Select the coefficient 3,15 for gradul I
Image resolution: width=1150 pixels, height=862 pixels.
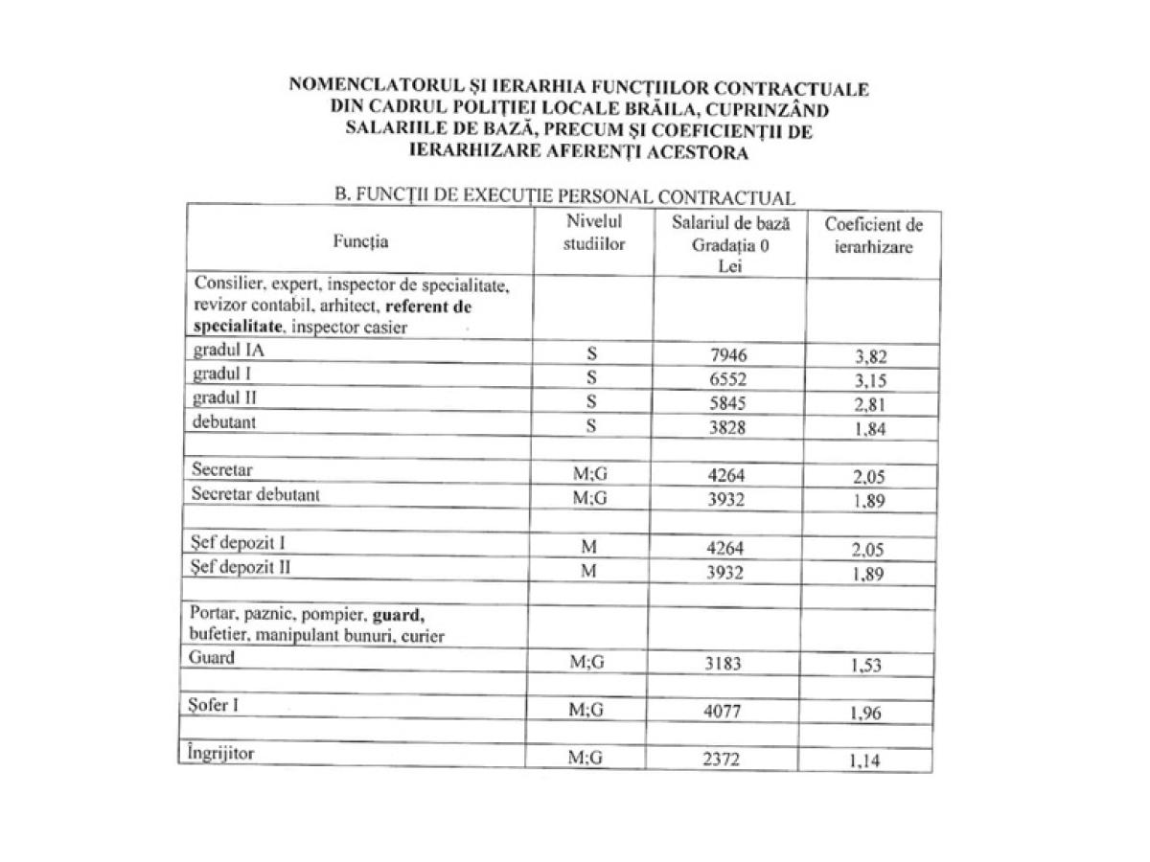870,381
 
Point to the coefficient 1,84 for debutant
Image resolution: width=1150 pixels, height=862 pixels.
870,429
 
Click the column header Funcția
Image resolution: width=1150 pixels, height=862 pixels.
361,241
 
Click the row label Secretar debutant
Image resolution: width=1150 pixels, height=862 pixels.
256,494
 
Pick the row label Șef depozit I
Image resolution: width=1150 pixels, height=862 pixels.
239,543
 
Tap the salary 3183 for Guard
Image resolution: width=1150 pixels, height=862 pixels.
724,663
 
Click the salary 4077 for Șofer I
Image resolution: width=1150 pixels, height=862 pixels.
724,712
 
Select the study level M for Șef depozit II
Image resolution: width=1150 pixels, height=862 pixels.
591,572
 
